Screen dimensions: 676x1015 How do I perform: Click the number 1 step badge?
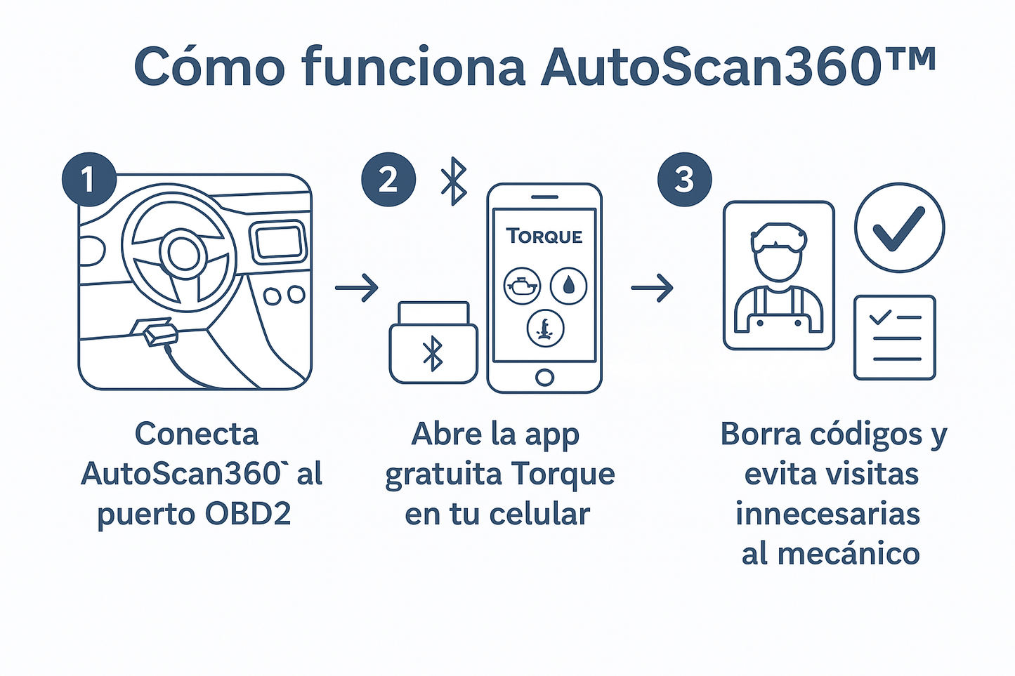tap(89, 180)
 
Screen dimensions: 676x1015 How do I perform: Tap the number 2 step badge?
tap(388, 180)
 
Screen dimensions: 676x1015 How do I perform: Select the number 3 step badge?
tap(684, 180)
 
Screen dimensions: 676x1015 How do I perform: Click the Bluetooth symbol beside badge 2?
tap(454, 181)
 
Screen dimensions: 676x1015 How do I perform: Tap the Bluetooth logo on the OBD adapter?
tap(433, 353)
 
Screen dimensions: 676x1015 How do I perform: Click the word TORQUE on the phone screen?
tap(544, 237)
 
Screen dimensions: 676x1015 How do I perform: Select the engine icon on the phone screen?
tap(522, 286)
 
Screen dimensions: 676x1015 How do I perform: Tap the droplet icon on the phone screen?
tap(568, 286)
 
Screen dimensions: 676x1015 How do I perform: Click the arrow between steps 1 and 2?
tap(357, 288)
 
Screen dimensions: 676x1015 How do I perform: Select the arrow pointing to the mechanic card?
tap(653, 288)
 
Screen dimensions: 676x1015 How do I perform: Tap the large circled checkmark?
tap(899, 227)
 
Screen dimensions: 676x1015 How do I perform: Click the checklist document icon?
tap(894, 338)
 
